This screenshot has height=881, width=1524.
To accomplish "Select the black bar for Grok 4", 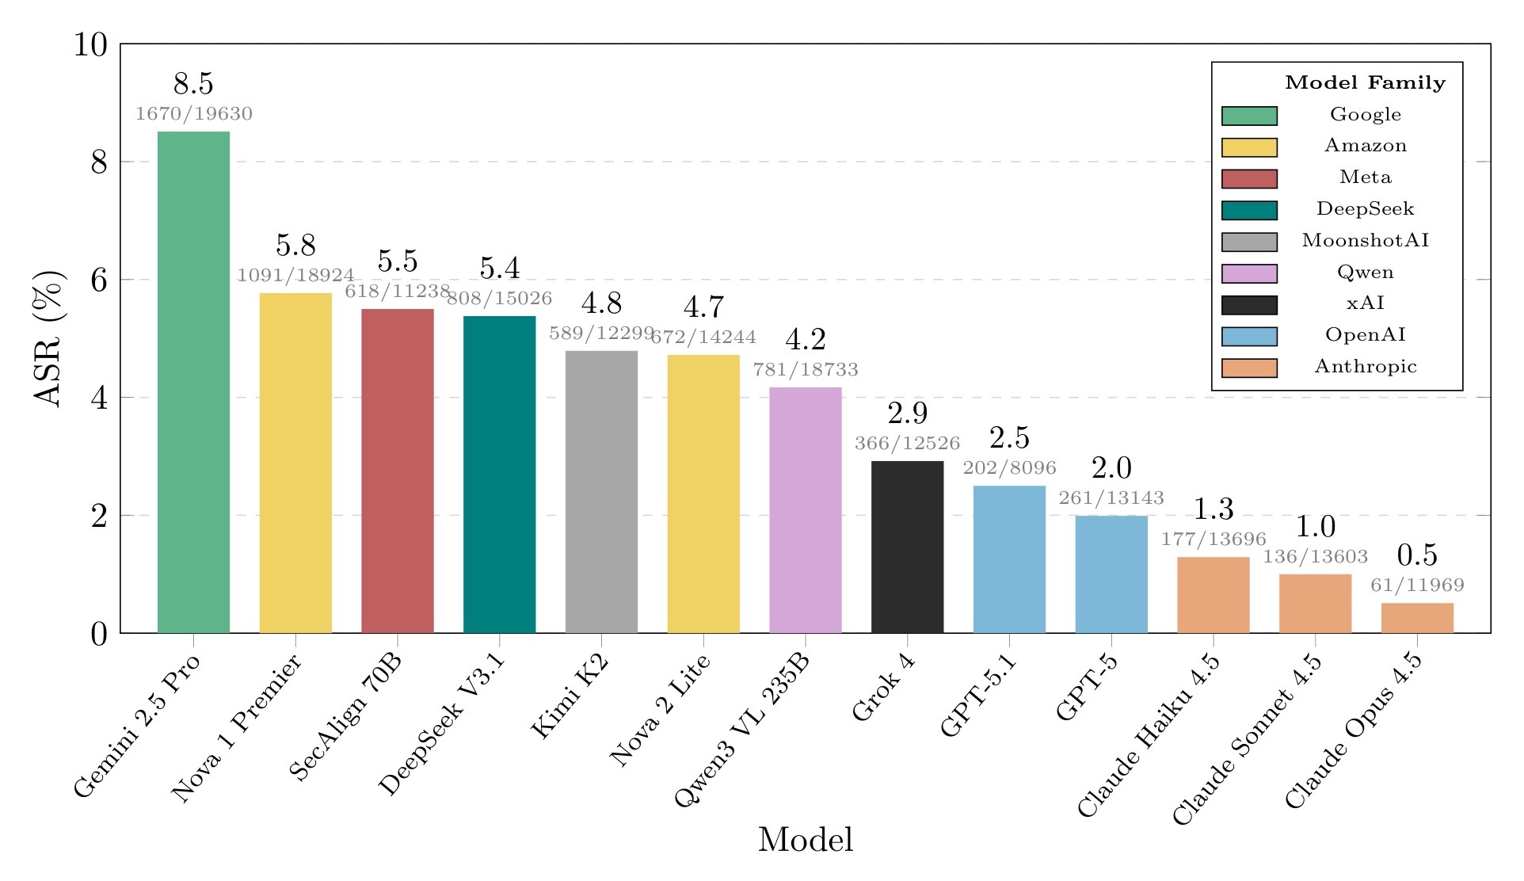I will click(x=907, y=547).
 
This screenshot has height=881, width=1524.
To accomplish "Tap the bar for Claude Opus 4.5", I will click(x=1417, y=618).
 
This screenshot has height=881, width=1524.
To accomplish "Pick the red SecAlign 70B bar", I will click(x=398, y=471).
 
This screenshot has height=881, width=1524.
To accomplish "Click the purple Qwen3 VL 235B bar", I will click(x=806, y=510).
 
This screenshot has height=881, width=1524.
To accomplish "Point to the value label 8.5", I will click(x=193, y=83).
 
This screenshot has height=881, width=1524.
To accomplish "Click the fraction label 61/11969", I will click(x=1417, y=585).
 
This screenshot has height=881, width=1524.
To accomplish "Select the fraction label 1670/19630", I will click(x=193, y=114).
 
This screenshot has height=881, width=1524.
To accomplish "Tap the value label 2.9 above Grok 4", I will click(x=907, y=413).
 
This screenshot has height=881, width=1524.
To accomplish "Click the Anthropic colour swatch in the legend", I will click(x=1249, y=368).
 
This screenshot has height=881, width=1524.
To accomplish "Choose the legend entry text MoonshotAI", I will click(x=1365, y=241).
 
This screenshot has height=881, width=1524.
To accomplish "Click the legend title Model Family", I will click(x=1365, y=82).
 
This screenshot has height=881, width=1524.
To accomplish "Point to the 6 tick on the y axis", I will click(x=99, y=280).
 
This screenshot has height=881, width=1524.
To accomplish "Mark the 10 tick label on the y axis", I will click(x=90, y=44).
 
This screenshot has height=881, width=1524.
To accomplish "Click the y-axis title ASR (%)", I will click(x=49, y=339).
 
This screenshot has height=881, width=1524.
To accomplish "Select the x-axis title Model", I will click(x=805, y=840).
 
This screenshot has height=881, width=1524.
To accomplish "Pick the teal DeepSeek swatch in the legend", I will click(x=1249, y=210).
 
